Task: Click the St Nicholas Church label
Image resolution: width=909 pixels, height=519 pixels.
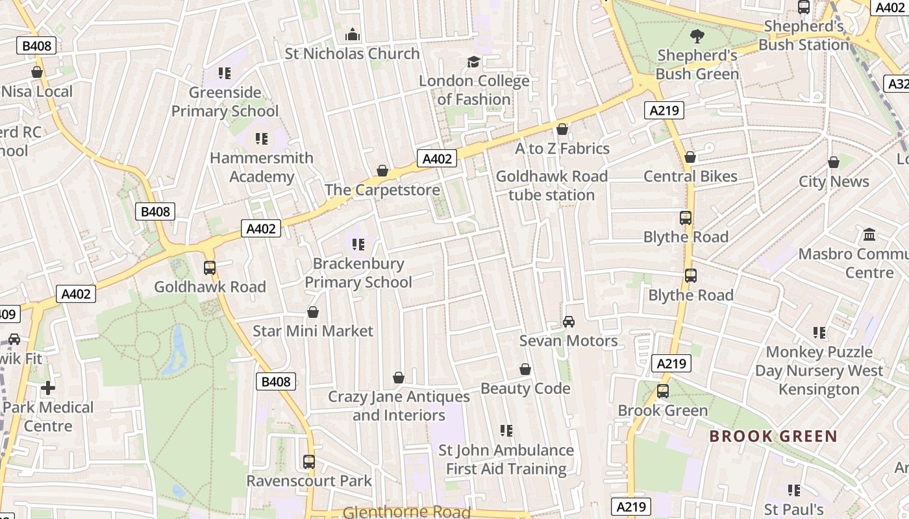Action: pos(352,54)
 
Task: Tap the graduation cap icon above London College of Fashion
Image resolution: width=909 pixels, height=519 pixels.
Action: pos(474,62)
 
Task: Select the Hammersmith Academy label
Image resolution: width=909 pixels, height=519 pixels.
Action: pos(262,167)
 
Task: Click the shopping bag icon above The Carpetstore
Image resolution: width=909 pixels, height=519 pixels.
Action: pos(382,171)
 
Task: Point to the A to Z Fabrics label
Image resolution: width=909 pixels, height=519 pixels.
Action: pos(562,149)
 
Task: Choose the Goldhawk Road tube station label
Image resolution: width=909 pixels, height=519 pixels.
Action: pos(551,186)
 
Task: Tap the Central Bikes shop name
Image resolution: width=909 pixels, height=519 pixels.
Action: pos(690,176)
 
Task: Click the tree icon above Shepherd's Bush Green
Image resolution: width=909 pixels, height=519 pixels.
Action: pos(697,36)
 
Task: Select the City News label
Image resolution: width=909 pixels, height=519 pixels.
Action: pos(833,182)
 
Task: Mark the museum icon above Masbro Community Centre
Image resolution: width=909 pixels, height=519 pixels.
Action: pos(869,234)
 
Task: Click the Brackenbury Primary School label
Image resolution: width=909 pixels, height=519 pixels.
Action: pos(358,273)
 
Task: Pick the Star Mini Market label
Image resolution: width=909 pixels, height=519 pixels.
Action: pos(313,332)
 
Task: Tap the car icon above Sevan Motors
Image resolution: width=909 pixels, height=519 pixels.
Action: pos(569,322)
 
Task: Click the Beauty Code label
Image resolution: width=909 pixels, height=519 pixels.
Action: pos(525,389)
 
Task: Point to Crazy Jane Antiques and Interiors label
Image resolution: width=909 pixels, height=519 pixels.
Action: pos(399,405)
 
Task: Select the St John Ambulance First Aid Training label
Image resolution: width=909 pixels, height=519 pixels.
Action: pos(506,459)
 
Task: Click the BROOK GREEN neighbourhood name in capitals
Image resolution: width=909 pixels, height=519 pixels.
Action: pos(773,436)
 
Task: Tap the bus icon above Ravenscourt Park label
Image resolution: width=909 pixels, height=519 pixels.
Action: pos(309,462)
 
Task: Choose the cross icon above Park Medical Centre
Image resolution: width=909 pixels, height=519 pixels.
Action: pos(48,388)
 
